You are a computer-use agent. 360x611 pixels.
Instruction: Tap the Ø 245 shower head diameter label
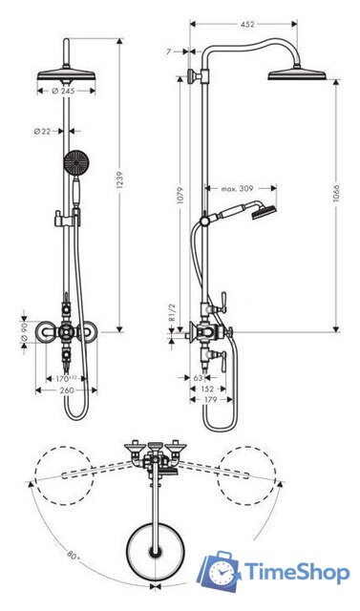click(64, 91)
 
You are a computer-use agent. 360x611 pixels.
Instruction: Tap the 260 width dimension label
click(66, 390)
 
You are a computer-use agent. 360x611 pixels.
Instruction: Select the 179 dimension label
click(209, 400)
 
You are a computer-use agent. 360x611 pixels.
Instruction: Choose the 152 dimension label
click(208, 389)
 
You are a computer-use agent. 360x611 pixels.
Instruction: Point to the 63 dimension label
click(198, 377)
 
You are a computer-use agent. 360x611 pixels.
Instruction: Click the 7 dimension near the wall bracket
click(169, 52)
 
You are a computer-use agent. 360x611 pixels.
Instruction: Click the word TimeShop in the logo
click(297, 572)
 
